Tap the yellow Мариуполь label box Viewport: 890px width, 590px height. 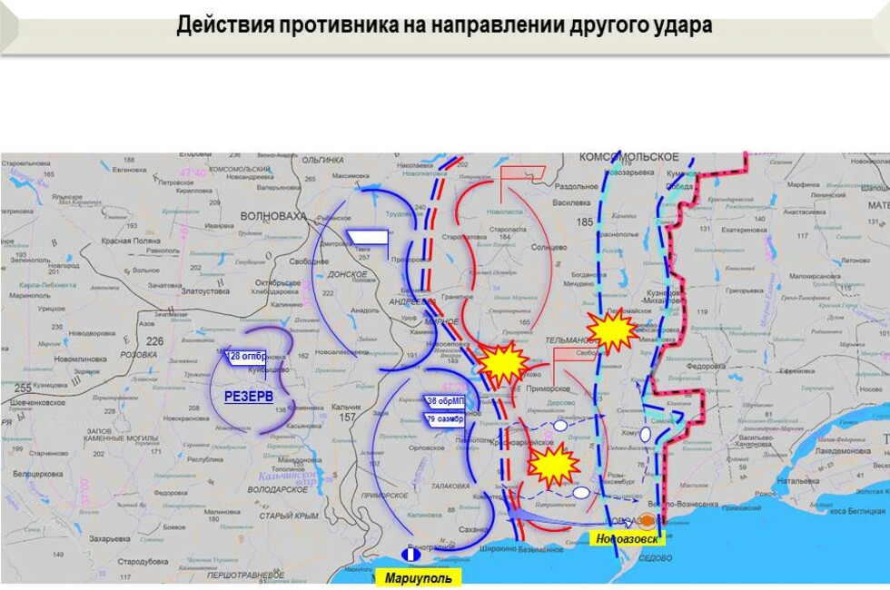coord(418,577)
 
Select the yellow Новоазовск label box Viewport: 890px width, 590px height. coord(628,538)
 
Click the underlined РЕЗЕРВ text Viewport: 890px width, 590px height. coord(249,397)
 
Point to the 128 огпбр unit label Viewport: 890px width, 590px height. coord(245,357)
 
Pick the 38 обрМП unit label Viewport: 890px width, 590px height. coord(445,400)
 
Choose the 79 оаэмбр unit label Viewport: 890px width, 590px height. coord(444,418)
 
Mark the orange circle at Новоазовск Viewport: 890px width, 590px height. coord(646,521)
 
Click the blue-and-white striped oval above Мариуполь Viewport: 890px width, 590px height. coord(410,554)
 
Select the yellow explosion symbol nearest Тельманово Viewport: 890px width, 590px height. coord(612,330)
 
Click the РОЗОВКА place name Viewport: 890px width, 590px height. coord(139,354)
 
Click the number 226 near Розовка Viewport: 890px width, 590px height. coord(155,341)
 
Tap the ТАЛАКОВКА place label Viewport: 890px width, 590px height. coord(450,486)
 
